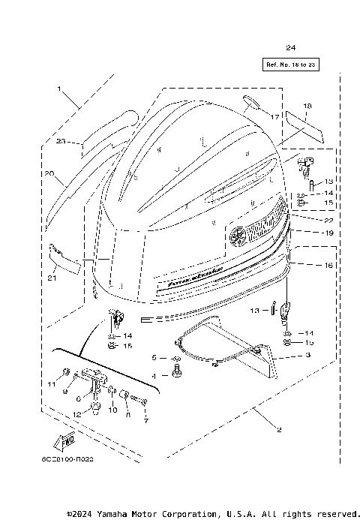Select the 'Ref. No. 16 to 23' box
tap(290, 65)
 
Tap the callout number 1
tap(58, 89)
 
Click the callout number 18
tap(307, 107)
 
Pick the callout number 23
tap(61, 140)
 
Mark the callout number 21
tap(51, 279)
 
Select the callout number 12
tap(76, 414)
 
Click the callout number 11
tap(52, 384)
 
